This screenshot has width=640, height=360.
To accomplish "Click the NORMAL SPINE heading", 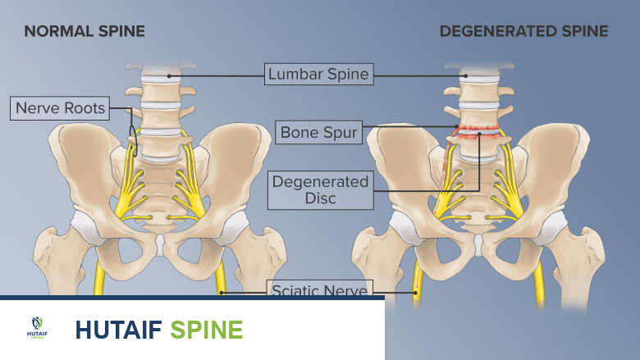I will coord(85,32).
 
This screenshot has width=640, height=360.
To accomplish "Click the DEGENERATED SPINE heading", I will coord(523,32).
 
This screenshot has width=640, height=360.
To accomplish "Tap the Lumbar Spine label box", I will coord(318,75).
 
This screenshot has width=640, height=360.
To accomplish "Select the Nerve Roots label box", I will coord(61,108).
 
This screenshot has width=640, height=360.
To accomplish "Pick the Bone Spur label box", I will coord(318,131).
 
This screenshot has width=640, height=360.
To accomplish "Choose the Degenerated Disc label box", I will coord(320,189).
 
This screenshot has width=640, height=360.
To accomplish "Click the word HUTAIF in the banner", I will coord(117,330).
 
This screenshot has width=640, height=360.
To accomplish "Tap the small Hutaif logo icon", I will coord(37,326).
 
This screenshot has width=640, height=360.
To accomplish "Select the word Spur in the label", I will coord(340,131).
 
